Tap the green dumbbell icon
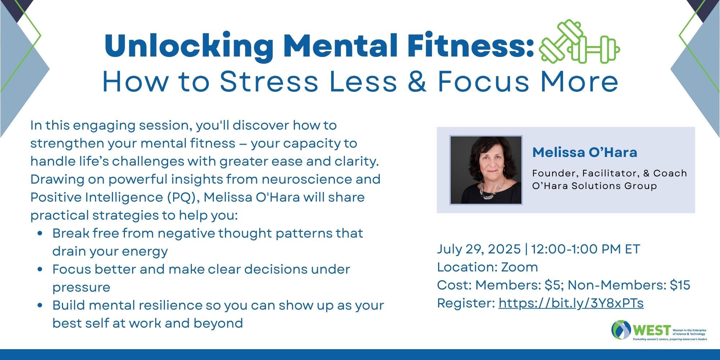pyautogui.click(x=579, y=42)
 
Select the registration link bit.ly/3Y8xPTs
pyautogui.click(x=571, y=303)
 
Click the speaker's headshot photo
pyautogui.click(x=486, y=170)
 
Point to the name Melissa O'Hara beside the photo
pyautogui.click(x=585, y=152)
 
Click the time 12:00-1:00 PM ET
pyautogui.click(x=586, y=249)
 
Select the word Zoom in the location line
pyautogui.click(x=519, y=267)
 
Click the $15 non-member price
pyautogui.click(x=680, y=285)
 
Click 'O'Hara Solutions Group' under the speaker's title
pyautogui.click(x=595, y=186)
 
